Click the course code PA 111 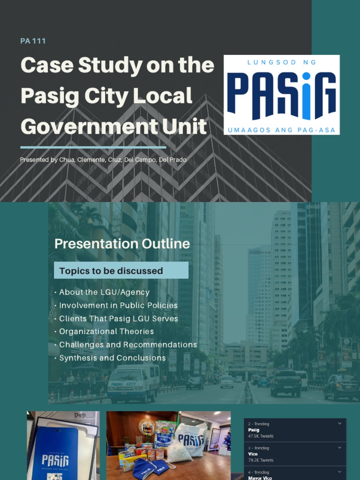point(33,41)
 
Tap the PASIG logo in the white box point(282,95)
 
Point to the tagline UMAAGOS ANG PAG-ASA point(281,130)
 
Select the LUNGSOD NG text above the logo point(281,62)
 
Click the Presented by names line point(103,160)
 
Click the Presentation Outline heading point(122,244)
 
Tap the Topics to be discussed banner point(121,270)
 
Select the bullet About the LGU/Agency point(104,292)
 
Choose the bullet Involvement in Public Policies point(118,305)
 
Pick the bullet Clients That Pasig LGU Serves point(119,318)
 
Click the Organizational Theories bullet point(106,331)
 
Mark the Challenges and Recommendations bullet point(128,345)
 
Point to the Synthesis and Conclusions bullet point(112,358)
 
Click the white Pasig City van point(133,383)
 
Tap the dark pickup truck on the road point(285,383)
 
